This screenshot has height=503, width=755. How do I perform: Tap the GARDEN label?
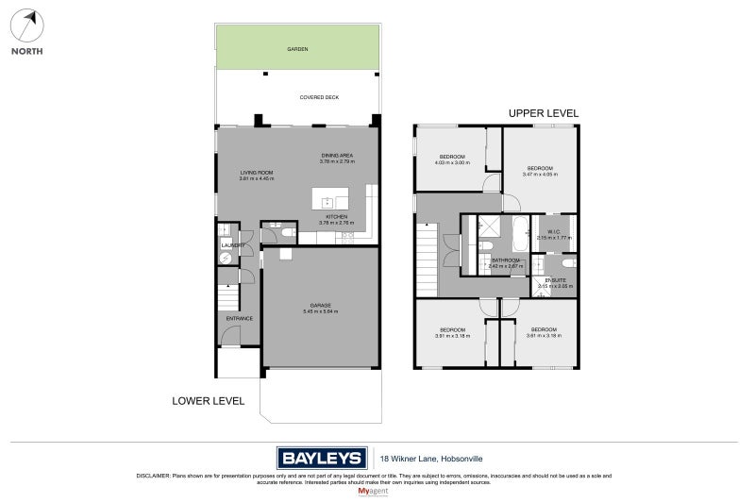coord(298,49)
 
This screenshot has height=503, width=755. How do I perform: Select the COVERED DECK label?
coord(319,97)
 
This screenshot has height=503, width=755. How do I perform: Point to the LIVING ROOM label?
coord(256,173)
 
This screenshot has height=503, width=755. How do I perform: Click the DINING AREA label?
coord(337,156)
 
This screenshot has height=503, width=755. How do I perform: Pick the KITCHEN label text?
coord(337,216)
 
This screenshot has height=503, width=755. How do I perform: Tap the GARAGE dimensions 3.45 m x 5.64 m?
coord(319,311)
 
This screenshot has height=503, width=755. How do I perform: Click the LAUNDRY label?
coord(232,245)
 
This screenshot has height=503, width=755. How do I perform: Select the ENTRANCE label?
coord(239,318)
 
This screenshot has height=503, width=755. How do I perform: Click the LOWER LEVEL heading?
coord(209,401)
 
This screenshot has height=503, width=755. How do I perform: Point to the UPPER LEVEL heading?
coord(544,113)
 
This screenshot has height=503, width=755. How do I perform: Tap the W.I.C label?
coord(554,232)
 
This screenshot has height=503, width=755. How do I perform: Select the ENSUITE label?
coord(556,279)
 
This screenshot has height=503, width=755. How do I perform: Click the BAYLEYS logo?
coord(322,459)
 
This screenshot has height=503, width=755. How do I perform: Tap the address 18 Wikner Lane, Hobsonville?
coord(420,459)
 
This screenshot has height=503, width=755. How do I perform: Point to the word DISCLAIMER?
coord(153,476)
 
